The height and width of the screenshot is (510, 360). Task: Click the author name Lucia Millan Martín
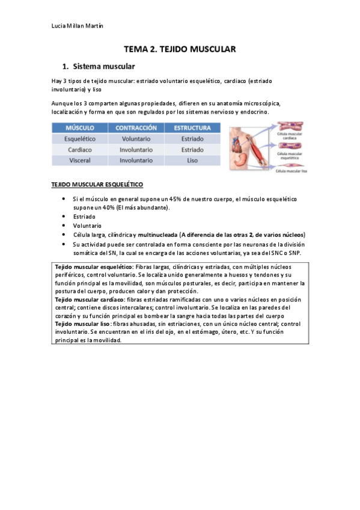click(x=78, y=25)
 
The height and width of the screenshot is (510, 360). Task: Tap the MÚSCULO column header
click(x=82, y=128)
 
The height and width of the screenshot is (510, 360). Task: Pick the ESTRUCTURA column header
click(x=192, y=128)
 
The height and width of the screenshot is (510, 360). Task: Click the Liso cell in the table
click(x=192, y=161)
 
